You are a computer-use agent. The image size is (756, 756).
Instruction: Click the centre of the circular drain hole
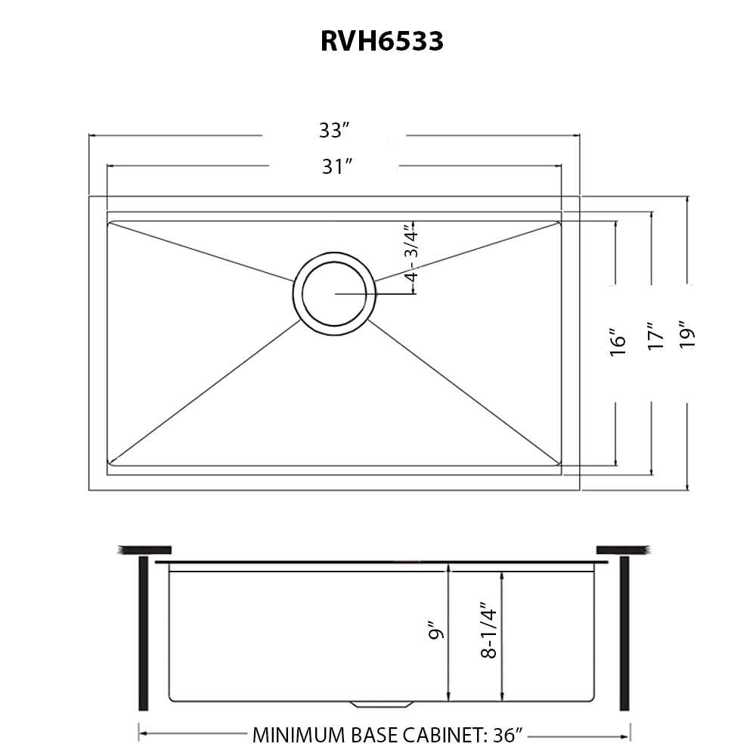click(334, 293)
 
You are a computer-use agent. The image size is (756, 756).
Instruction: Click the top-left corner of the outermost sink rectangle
click(89, 197)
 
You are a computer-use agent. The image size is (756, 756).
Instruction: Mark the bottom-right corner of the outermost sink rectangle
click(580, 491)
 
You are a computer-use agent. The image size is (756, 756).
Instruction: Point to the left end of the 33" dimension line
click(89, 135)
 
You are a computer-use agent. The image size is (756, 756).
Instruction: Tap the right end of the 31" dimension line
click(561, 166)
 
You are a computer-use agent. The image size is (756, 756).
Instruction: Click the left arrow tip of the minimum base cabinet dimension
click(139, 736)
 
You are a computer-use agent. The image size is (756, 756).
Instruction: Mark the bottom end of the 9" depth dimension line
click(448, 700)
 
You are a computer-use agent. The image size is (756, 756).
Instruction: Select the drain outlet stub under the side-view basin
click(382, 704)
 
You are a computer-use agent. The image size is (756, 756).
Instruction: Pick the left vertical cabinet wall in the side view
click(143, 633)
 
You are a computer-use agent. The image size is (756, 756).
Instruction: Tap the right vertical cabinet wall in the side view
click(624, 633)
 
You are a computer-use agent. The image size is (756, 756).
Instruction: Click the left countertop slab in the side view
click(145, 550)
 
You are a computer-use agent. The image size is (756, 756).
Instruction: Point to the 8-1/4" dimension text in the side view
click(488, 630)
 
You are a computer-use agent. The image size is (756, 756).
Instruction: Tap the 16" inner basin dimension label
click(618, 342)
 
